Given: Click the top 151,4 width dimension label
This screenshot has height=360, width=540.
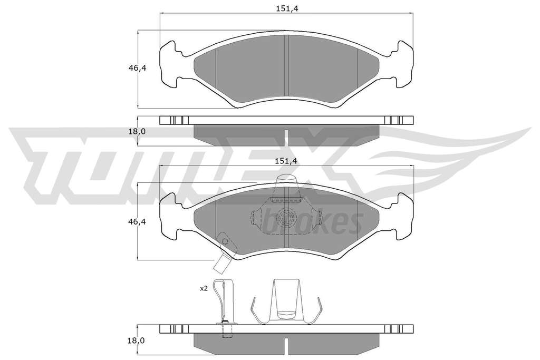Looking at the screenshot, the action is [286, 8].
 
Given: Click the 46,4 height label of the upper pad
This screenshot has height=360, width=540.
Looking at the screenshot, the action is [138, 68].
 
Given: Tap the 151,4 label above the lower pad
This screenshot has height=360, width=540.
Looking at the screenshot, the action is [286, 161].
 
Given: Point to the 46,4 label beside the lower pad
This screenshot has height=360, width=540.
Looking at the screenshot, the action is [138, 222].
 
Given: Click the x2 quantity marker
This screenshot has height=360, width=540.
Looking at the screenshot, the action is [204, 288].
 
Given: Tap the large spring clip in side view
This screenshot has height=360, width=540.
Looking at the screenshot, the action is [286, 301].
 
